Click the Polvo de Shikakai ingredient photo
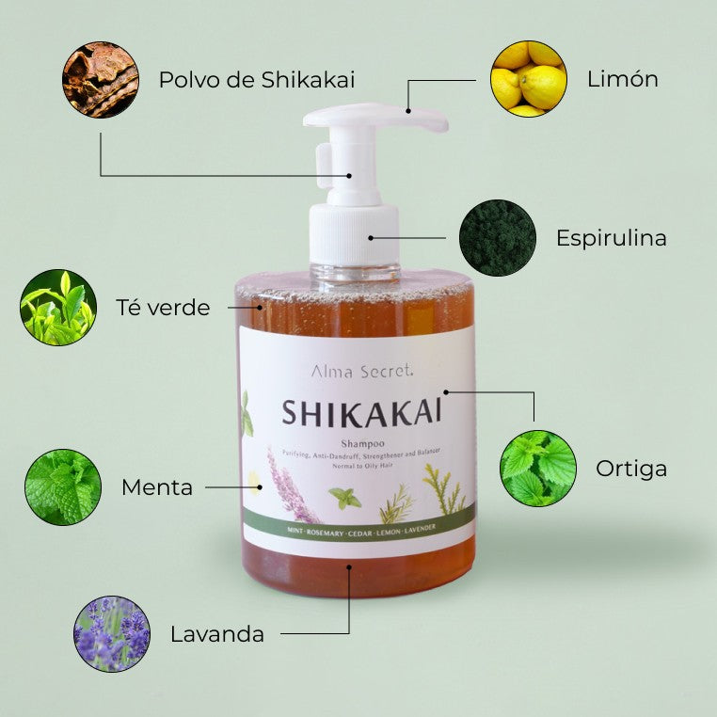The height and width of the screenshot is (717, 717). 101,79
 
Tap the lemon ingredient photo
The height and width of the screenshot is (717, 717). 529,79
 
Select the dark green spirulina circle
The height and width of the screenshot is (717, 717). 497,237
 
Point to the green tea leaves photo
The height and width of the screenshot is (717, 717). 58,308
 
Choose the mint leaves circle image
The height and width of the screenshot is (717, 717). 63,486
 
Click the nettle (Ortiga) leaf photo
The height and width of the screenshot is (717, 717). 538,469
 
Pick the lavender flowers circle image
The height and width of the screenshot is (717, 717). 112,633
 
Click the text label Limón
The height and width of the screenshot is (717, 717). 622,79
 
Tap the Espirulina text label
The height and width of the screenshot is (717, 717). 611,238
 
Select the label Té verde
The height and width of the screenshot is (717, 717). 163,308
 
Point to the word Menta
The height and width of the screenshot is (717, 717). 157,487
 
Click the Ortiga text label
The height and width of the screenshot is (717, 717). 631,469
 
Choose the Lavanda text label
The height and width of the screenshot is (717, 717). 217,634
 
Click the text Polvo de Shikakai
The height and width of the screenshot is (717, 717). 257,79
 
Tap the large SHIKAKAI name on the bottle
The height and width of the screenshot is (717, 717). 361,413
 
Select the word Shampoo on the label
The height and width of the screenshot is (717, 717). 361,444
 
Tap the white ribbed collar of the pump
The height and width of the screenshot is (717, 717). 354,234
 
